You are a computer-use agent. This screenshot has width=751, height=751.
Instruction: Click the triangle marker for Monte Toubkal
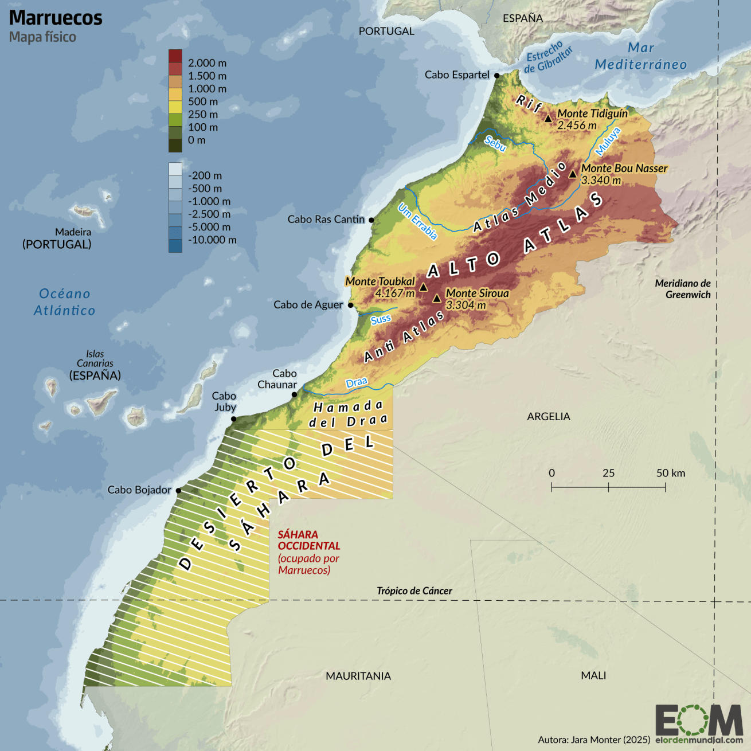(423, 287)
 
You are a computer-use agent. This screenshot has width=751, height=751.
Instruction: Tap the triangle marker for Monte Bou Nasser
(572, 174)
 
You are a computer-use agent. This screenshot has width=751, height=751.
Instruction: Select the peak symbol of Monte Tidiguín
(548, 119)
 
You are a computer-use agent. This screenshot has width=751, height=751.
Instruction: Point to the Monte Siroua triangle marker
(437, 298)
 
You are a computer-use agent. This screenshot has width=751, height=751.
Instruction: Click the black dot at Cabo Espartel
(497, 75)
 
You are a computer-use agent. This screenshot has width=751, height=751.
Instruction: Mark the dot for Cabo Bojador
(178, 491)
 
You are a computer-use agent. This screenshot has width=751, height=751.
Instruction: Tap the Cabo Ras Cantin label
(326, 219)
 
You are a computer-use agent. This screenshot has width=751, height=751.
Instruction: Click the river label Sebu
(495, 143)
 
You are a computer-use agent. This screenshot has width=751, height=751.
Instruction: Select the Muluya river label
(608, 141)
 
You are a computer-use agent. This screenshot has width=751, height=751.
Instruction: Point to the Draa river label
(357, 382)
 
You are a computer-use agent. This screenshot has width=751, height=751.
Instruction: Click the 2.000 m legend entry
(207, 63)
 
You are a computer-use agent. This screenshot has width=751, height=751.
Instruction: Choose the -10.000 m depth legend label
(212, 240)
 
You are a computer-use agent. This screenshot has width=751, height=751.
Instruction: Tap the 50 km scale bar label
(671, 473)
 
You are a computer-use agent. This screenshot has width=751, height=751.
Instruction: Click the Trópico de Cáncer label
(414, 590)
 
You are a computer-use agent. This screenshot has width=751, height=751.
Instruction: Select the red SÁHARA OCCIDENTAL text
(308, 540)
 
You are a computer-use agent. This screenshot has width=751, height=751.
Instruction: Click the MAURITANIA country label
(358, 676)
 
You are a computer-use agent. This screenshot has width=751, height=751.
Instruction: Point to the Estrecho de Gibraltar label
(549, 58)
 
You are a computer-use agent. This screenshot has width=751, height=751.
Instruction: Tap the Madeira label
(73, 232)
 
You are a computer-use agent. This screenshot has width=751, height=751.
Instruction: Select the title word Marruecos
(56, 18)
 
